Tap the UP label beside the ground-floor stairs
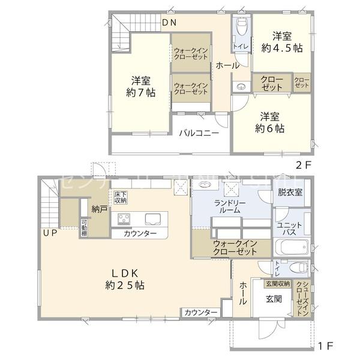pos(50,233)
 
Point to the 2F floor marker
pos(302,164)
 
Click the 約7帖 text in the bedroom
pos(141,86)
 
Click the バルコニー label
pos(197,133)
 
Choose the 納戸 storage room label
pos(100,209)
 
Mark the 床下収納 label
pos(121,197)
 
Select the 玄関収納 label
pos(277,283)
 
